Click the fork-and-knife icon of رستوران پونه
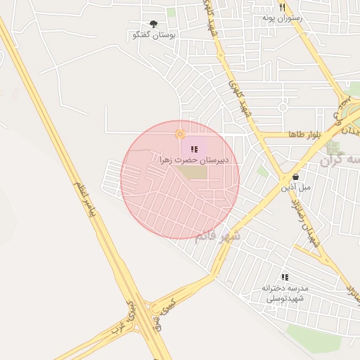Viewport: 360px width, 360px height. click(x=282, y=6)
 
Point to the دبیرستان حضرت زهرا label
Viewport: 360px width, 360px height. click(x=195, y=160)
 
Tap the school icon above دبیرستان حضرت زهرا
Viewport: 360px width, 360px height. click(x=194, y=149)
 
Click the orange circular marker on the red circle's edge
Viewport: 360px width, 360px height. click(x=180, y=134)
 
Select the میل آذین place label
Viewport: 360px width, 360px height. click(x=295, y=188)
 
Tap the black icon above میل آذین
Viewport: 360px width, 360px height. click(x=295, y=177)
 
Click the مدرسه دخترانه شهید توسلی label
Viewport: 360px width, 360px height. click(x=284, y=293)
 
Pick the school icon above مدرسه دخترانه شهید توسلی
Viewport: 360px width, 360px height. click(x=285, y=278)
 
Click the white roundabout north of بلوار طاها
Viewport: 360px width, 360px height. click(x=283, y=108)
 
